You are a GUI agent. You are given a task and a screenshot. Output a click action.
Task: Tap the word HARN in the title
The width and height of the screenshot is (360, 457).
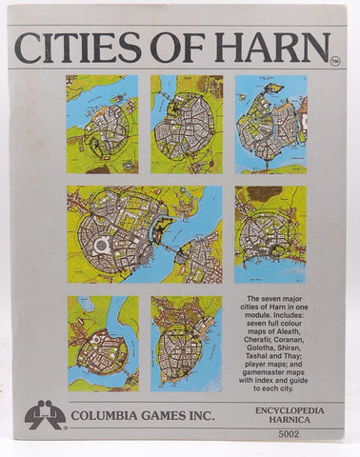[279, 48]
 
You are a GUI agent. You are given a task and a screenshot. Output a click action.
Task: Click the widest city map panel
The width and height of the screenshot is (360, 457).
[144, 233]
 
